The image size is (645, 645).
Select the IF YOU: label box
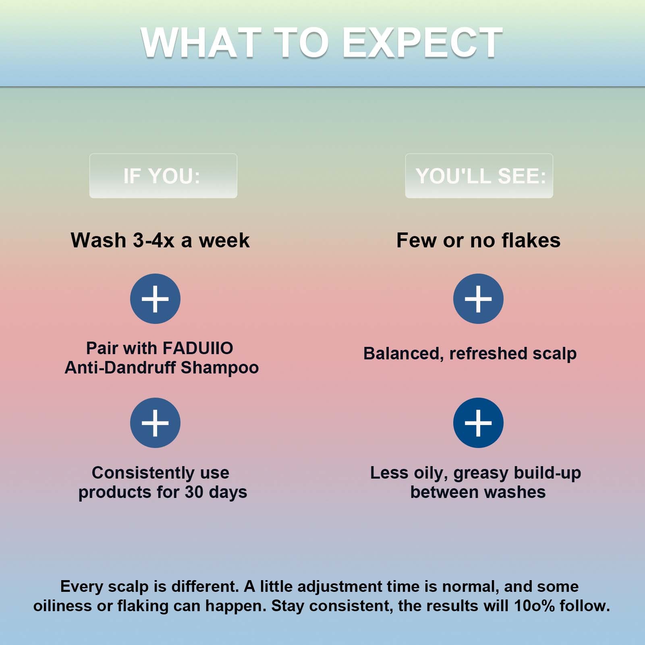coord(163,176)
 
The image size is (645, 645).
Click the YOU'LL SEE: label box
coord(479,176)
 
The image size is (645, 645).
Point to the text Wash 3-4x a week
coord(160,241)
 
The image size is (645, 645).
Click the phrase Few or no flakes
coord(479,241)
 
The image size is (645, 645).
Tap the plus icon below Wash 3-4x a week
coord(155,299)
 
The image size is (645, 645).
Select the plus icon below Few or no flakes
coord(478,299)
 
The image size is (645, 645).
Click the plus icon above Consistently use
coord(155,423)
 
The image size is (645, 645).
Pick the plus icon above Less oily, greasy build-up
coord(478,423)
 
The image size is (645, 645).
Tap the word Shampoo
coord(220,368)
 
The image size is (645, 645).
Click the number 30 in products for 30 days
coord(194,492)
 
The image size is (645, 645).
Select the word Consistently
coord(143,473)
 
